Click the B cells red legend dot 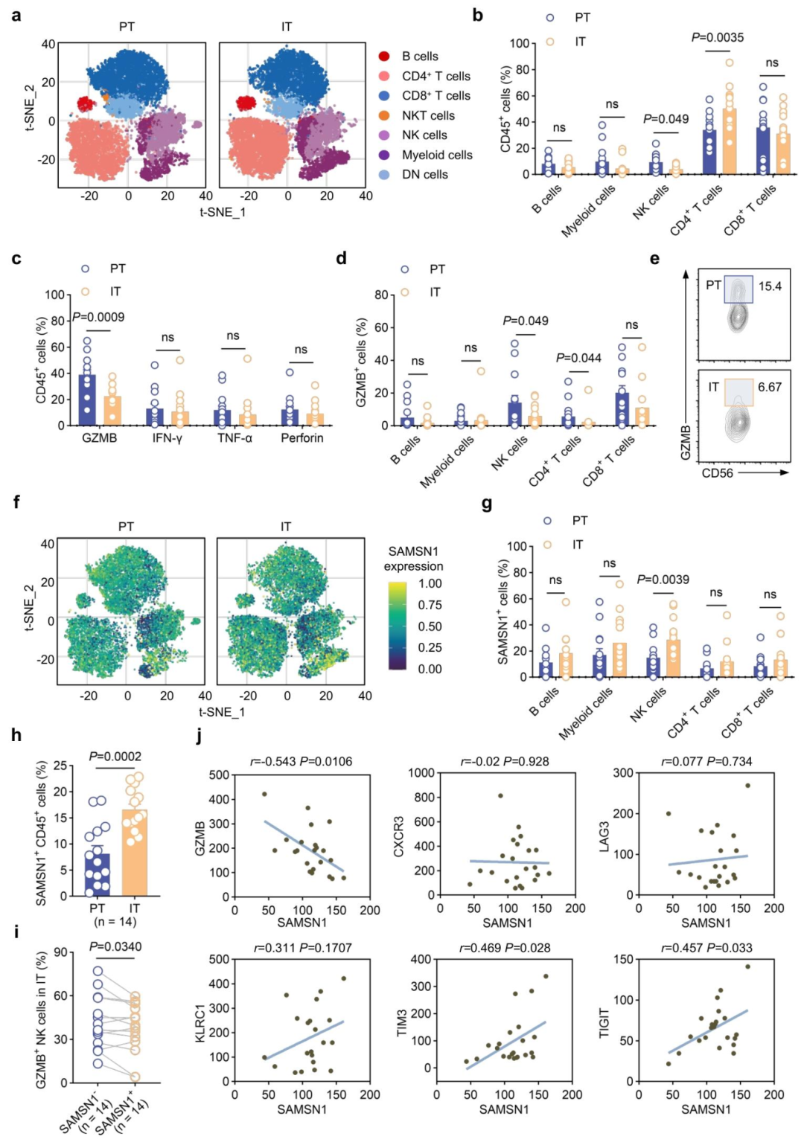click(x=384, y=57)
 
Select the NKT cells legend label click(x=428, y=116)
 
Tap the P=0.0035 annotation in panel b click(x=718, y=37)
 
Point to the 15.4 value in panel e click(x=770, y=286)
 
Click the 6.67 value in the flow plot click(x=770, y=387)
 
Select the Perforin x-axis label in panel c click(x=302, y=438)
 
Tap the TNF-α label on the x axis click(x=234, y=438)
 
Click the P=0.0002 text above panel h click(x=115, y=757)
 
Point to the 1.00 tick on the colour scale click(x=430, y=584)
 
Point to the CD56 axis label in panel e click(x=718, y=472)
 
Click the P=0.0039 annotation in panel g click(x=663, y=580)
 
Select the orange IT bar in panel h click(x=134, y=853)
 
